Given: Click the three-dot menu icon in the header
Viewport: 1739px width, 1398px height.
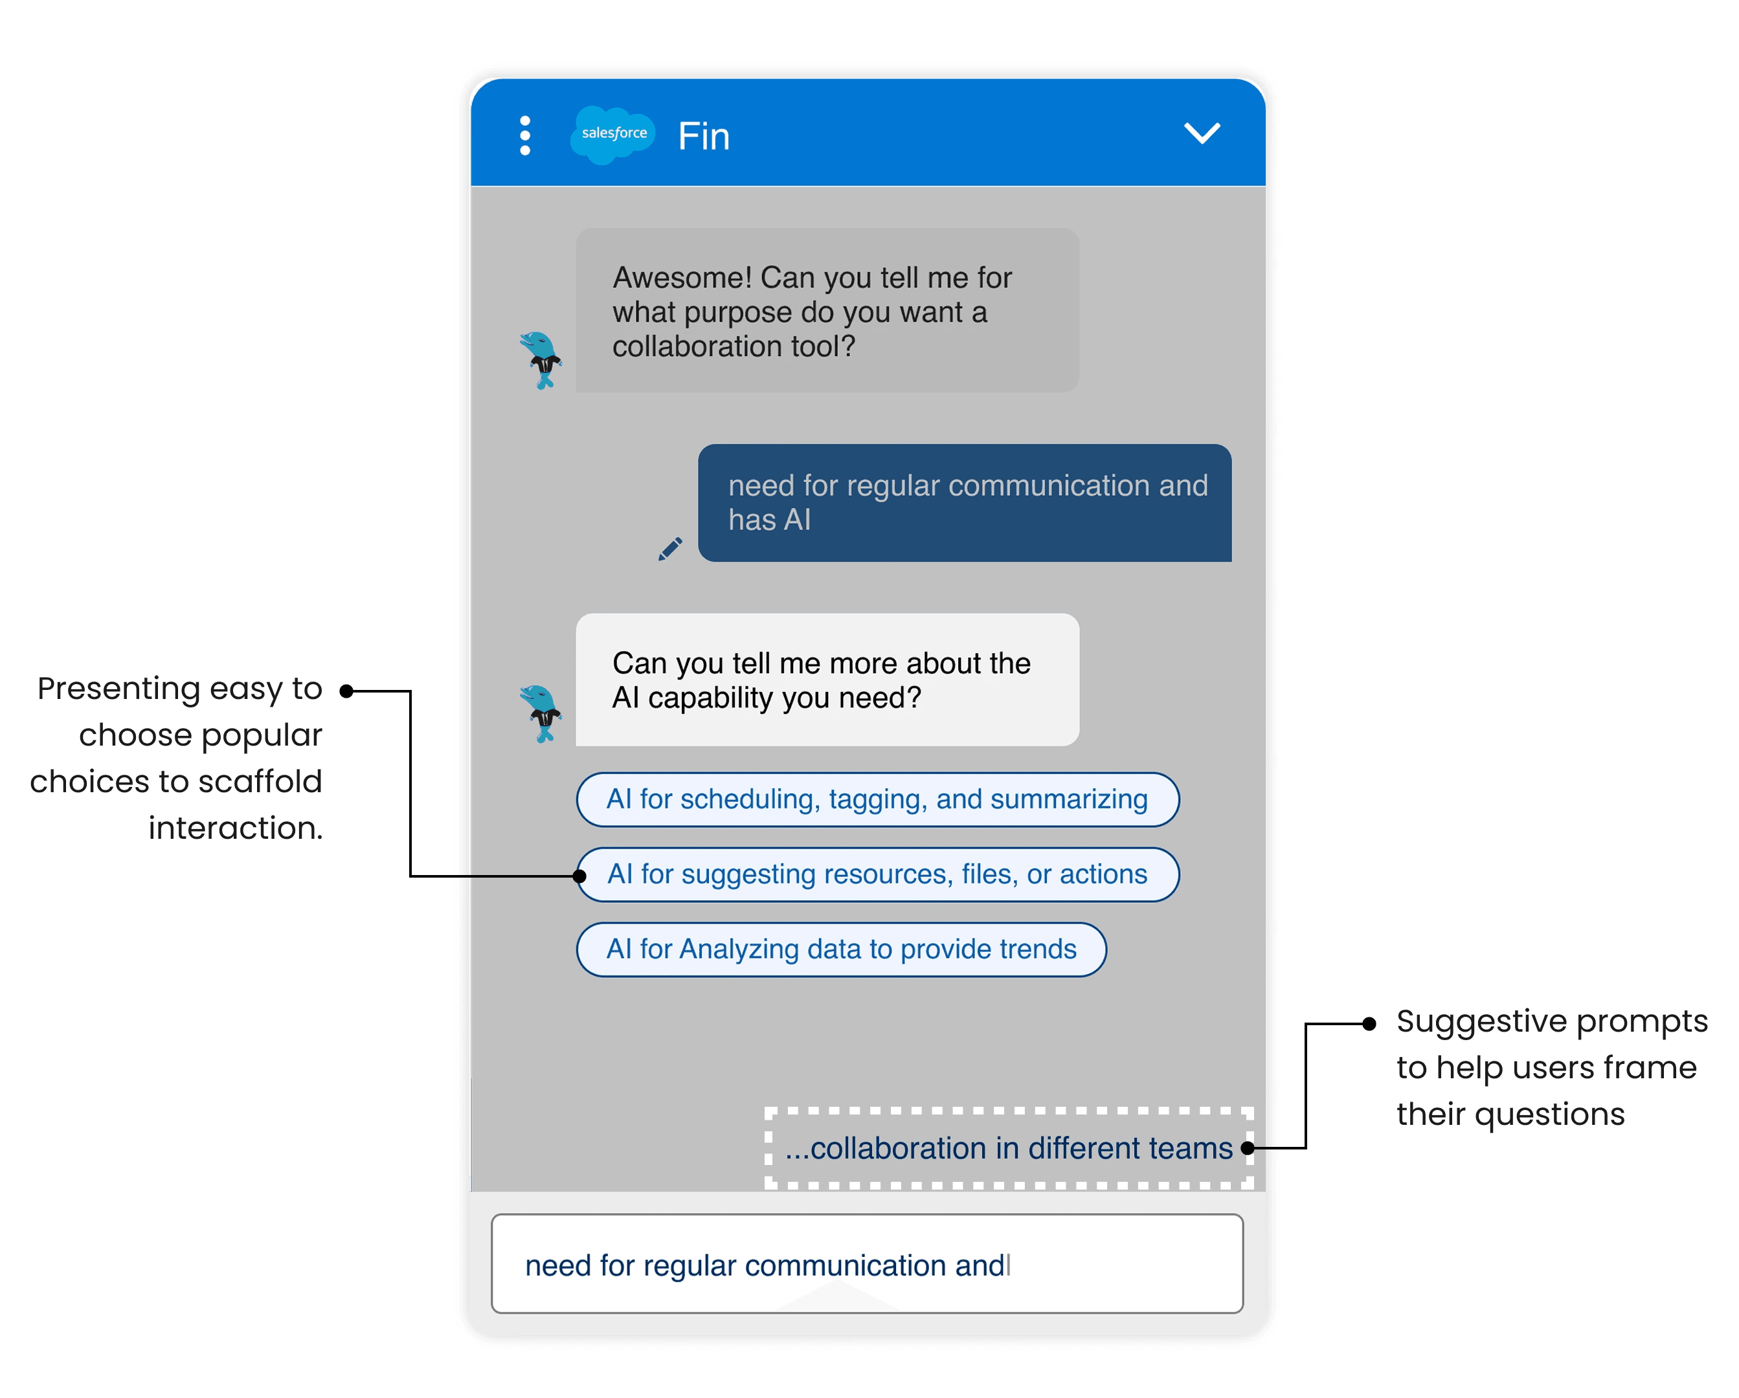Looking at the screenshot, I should (525, 135).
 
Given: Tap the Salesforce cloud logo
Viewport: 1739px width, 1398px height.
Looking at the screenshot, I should (613, 134).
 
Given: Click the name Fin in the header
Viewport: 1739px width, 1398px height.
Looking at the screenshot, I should (703, 137).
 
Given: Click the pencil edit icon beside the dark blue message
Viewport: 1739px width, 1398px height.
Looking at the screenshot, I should (670, 549).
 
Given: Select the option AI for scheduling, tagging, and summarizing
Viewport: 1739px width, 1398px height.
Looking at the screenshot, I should (877, 799).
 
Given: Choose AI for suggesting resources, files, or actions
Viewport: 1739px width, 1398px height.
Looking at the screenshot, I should (877, 874).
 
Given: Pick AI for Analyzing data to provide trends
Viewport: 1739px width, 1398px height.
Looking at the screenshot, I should (840, 949).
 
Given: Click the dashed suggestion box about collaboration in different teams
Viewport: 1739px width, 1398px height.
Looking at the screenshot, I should (1008, 1148).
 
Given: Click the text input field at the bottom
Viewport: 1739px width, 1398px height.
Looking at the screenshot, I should (867, 1263).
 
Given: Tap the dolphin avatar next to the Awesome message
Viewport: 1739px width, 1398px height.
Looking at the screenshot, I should (541, 360).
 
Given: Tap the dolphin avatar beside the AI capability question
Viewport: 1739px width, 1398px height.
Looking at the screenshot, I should (541, 713).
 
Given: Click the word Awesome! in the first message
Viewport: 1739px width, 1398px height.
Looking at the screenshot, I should (682, 278).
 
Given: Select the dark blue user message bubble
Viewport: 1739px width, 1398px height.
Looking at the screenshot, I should (964, 502).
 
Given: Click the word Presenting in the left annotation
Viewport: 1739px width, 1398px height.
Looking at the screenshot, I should (118, 689).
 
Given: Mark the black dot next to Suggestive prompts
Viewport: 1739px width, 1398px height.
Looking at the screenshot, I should (1369, 1023).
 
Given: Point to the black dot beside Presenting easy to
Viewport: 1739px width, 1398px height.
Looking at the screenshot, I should (347, 691).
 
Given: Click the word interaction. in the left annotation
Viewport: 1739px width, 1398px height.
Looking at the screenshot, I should (236, 828).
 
